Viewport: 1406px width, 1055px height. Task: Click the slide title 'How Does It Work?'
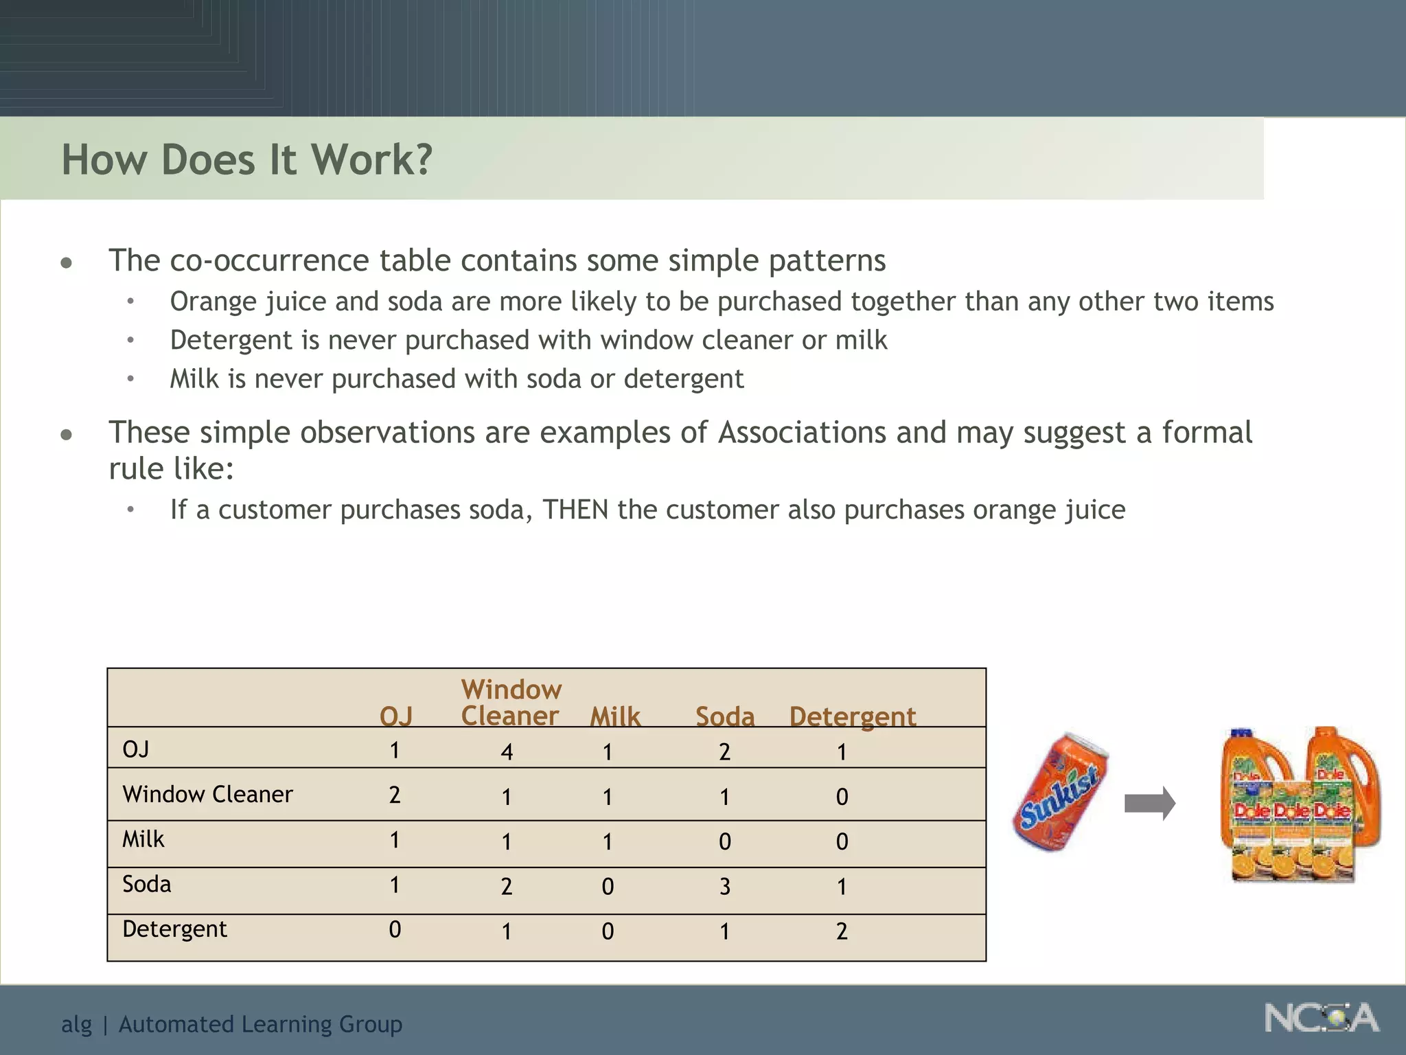tap(246, 160)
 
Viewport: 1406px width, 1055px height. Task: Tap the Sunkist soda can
tap(1061, 792)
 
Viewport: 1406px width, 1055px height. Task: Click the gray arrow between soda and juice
tap(1149, 803)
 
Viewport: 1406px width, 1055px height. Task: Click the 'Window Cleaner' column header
tap(511, 703)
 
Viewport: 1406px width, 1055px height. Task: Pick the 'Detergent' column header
tap(852, 716)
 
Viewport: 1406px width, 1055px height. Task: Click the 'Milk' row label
tap(143, 839)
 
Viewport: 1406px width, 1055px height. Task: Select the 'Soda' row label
tap(146, 884)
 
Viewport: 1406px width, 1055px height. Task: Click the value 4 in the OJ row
tap(507, 752)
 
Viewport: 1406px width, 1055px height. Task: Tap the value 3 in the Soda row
tap(725, 887)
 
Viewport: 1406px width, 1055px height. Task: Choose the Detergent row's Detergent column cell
tap(842, 931)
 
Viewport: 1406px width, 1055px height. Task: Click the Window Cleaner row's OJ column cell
tap(395, 795)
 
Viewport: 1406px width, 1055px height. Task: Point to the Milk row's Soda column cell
tap(725, 842)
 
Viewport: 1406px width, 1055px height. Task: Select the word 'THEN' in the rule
tap(575, 510)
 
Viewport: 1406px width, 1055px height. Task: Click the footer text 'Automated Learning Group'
tap(260, 1024)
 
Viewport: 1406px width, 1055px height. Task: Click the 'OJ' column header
tap(396, 716)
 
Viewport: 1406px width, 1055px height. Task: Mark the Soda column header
tap(725, 716)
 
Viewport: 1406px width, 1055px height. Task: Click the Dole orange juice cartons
tap(1300, 805)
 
